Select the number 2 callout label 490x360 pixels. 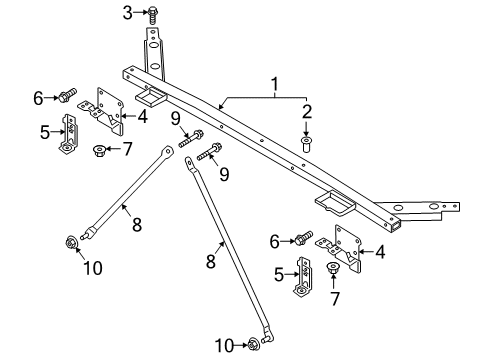pos(308,111)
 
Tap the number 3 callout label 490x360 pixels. pos(127,12)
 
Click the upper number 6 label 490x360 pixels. pos(38,97)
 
